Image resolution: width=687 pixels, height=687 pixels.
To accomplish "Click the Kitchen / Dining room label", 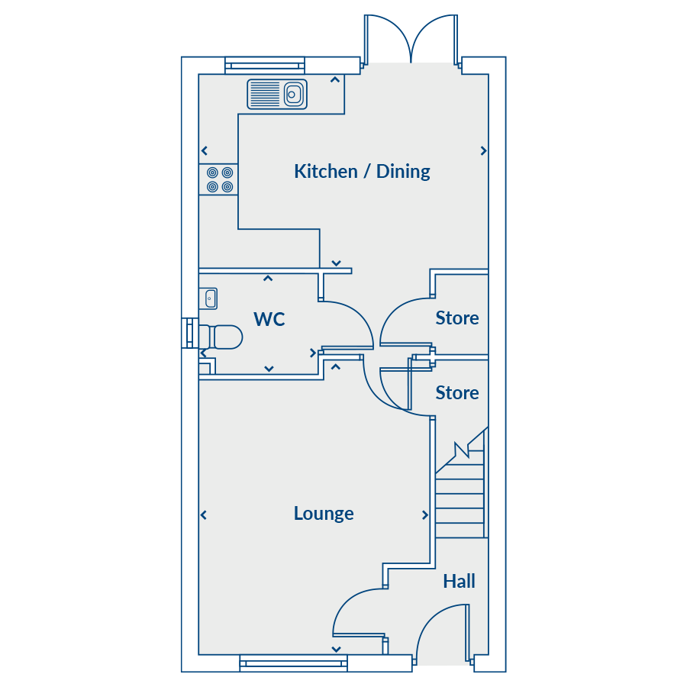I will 362,171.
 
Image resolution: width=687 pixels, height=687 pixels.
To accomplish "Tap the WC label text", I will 269,319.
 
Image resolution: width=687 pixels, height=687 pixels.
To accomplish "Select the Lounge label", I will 324,513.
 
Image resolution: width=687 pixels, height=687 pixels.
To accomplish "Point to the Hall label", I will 459,582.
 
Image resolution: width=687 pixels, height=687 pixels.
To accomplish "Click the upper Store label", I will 457,318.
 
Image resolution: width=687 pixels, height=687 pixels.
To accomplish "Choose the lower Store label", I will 457,393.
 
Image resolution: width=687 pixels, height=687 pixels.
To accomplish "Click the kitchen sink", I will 277,95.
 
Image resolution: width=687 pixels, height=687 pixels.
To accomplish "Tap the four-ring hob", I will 218,179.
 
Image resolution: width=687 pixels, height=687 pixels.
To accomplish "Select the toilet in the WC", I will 220,337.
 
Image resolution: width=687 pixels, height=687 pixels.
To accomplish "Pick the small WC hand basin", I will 208,298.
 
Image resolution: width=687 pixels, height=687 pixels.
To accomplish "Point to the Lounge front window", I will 293,663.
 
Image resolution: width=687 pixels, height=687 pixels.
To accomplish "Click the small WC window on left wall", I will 188,334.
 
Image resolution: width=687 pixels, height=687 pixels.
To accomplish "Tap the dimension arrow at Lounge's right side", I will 425,516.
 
